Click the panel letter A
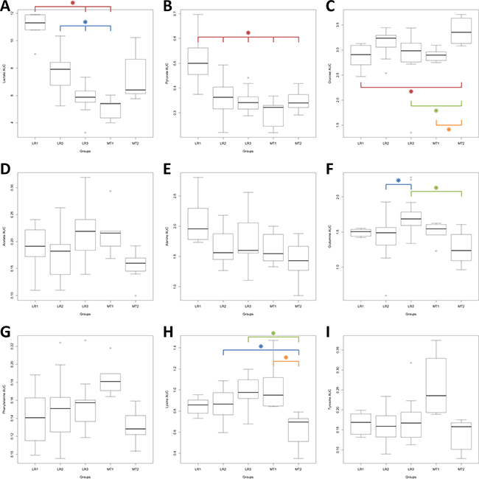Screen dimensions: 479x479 [5, 7]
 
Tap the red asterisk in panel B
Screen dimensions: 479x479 [248, 32]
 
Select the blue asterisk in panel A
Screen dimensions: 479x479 [85, 22]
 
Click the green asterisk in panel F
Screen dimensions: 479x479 [436, 188]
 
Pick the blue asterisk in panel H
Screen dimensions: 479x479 [260, 346]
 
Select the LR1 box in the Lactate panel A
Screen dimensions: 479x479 [35, 22]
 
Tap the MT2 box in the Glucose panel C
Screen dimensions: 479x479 [461, 33]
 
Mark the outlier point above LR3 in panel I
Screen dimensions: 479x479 [410, 363]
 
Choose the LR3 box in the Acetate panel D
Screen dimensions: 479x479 [85, 235]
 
